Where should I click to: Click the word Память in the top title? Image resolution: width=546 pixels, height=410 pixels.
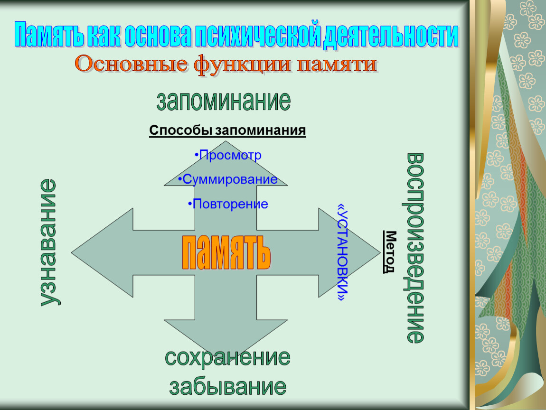(x=49, y=34)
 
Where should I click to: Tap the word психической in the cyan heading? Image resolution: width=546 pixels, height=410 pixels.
(x=257, y=34)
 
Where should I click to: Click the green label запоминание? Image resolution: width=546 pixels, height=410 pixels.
(x=224, y=101)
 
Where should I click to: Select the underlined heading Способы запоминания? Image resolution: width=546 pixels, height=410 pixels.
(x=227, y=130)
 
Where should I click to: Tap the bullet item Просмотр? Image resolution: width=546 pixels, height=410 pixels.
(x=228, y=155)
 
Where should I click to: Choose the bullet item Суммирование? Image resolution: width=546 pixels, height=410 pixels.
(x=228, y=179)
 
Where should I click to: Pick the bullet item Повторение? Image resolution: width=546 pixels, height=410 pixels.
(x=228, y=204)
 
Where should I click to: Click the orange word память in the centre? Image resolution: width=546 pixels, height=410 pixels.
(x=226, y=252)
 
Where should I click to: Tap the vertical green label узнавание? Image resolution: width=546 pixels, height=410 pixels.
(x=49, y=242)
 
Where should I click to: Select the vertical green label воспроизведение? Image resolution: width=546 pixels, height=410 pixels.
(x=415, y=248)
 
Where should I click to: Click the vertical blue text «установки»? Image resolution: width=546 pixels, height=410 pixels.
(x=343, y=252)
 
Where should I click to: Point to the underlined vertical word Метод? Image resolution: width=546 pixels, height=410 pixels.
(x=390, y=252)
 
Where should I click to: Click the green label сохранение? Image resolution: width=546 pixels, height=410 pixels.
(x=228, y=357)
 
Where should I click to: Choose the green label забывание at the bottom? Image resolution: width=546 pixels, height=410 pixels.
(x=228, y=386)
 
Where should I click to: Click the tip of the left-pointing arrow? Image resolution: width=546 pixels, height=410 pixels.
(x=72, y=252)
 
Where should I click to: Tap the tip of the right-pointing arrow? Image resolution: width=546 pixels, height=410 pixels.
(x=380, y=252)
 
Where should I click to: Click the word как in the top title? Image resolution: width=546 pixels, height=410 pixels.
(x=104, y=34)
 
